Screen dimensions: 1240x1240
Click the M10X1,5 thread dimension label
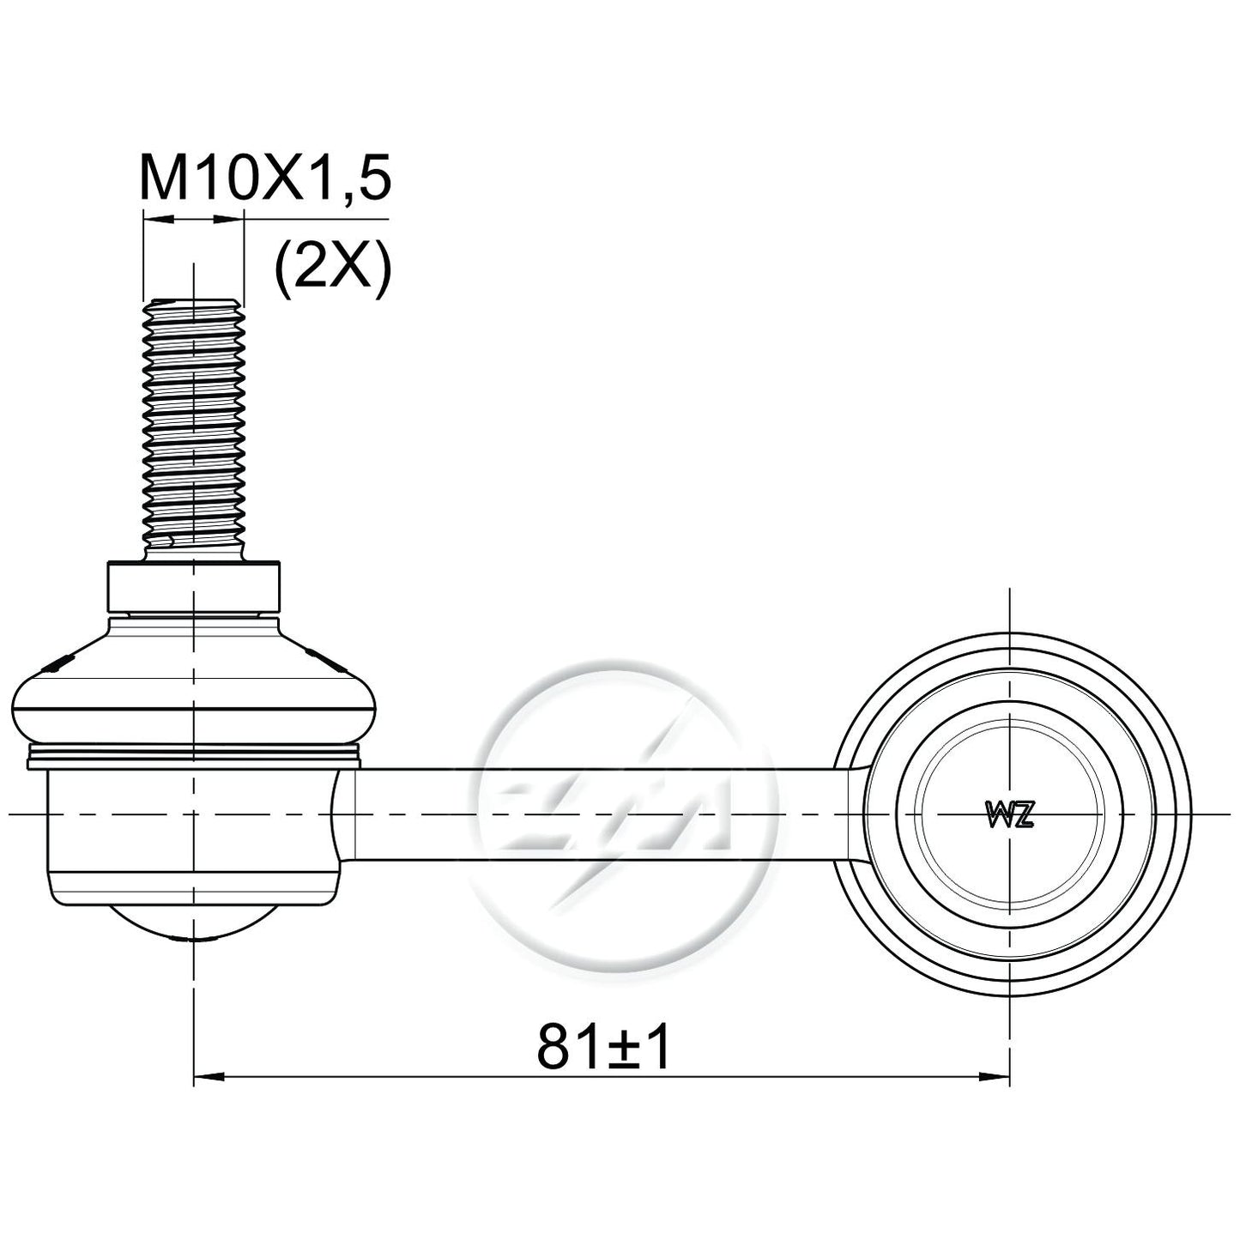(x=264, y=177)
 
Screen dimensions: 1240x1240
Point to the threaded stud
(x=193, y=431)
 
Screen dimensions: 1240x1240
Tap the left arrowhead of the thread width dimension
(x=158, y=220)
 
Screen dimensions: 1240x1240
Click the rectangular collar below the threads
(x=193, y=587)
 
